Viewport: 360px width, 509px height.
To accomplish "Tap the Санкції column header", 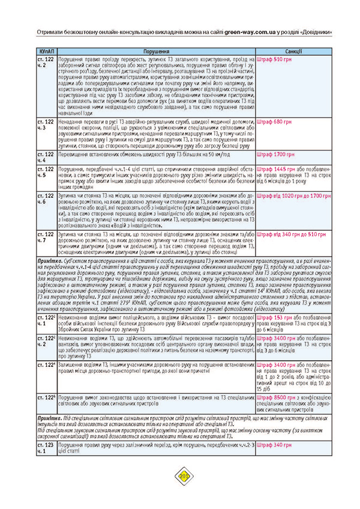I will (x=294, y=52).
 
